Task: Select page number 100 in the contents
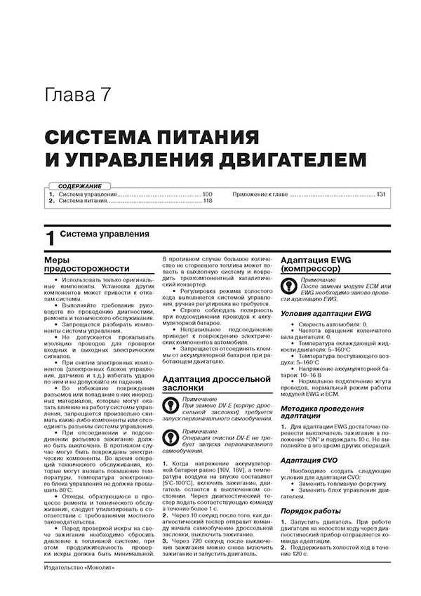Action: (x=207, y=193)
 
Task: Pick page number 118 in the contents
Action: (x=207, y=201)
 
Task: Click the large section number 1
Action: (x=49, y=238)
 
